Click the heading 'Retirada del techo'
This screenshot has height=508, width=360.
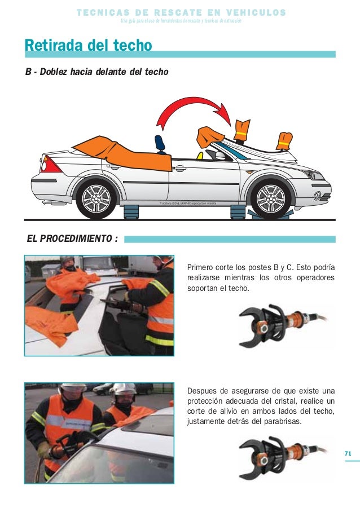pos(88,45)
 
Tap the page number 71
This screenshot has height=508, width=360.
pos(348,453)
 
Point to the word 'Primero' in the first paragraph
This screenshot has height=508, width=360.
pos(203,267)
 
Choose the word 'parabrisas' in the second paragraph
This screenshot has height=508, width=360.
pos(280,421)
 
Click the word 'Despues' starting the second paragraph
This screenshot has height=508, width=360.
pos(204,391)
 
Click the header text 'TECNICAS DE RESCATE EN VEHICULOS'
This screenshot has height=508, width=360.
pos(181,12)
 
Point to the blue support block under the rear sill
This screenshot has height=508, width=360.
pos(131,211)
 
